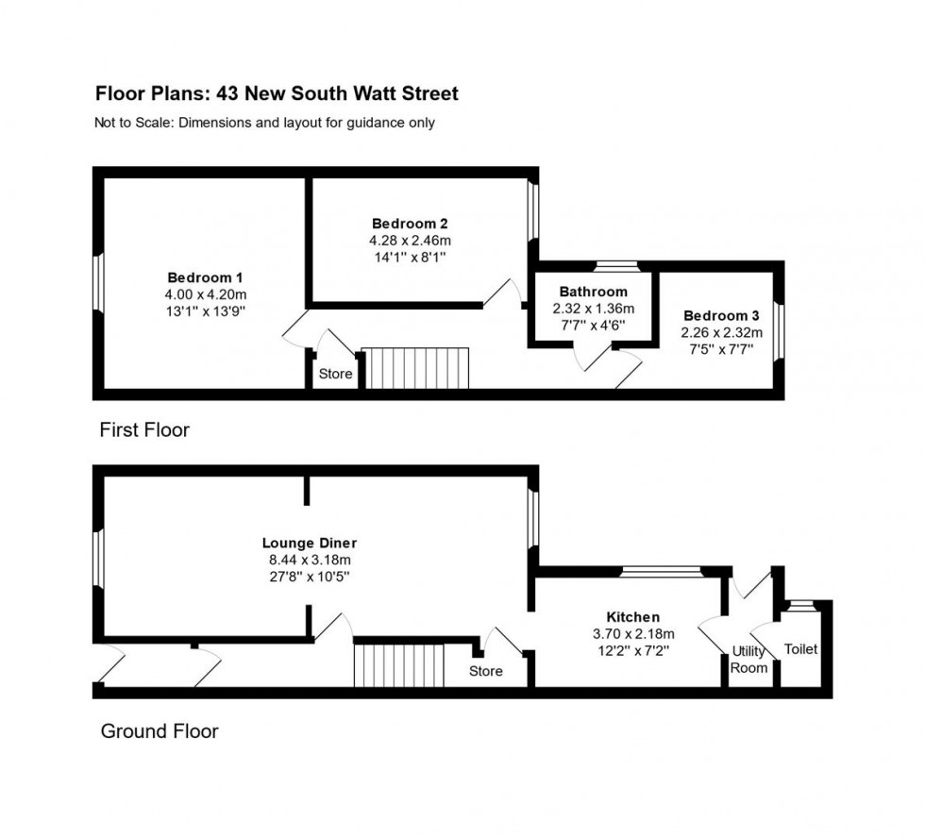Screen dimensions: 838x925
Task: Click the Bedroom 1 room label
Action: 205,277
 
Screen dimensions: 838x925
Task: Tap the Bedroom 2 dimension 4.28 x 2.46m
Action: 410,241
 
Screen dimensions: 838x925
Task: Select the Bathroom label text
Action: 593,292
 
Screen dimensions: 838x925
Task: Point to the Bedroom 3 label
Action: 721,315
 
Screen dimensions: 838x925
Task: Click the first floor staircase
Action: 416,367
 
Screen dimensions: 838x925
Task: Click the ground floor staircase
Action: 398,665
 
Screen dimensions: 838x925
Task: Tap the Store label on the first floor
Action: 335,374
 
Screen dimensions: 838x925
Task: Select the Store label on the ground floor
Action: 486,671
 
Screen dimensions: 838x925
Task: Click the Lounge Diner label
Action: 310,543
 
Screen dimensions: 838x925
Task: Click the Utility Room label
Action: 749,660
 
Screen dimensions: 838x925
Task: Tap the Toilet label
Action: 800,649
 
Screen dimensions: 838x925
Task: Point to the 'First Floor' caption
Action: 144,430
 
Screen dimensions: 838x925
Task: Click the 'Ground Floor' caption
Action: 160,731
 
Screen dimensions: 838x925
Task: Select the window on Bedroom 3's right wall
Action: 778,330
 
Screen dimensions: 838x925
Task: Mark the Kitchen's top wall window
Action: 661,570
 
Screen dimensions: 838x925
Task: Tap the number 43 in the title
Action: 227,93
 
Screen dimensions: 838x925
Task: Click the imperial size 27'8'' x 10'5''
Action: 310,577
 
